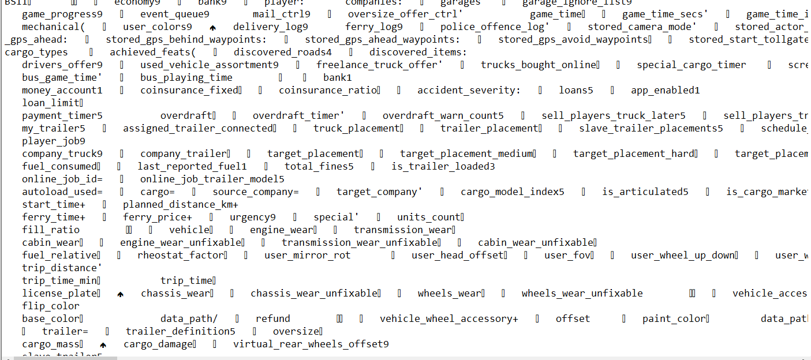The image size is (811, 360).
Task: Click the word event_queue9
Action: click(175, 14)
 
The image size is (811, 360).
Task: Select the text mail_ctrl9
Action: click(282, 14)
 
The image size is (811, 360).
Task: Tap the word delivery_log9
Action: click(271, 27)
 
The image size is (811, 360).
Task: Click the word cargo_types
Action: click(36, 52)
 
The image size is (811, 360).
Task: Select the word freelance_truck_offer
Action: click(379, 65)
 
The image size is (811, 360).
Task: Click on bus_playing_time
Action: click(186, 77)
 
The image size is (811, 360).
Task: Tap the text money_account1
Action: click(62, 90)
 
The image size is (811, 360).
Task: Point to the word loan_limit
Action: click(51, 103)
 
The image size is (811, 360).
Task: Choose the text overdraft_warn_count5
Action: click(443, 115)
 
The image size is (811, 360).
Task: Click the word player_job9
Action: click(54, 141)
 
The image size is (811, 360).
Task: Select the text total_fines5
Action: click(319, 166)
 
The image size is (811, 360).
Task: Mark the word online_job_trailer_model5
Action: click(212, 179)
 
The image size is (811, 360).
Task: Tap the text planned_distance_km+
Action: click(181, 204)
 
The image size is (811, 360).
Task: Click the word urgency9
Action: click(253, 217)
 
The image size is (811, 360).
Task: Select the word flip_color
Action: click(51, 306)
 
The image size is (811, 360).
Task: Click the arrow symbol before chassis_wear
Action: click(121, 294)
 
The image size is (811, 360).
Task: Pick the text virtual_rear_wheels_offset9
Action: click(311, 344)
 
